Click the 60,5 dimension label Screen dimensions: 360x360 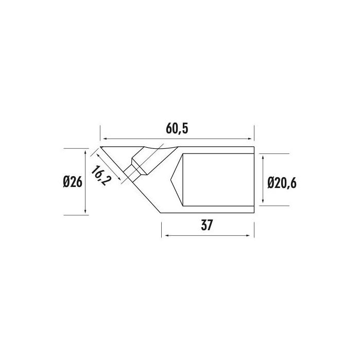[x=177, y=129]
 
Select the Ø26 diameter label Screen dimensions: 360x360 [x=73, y=182]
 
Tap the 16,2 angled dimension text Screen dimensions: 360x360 [x=100, y=176]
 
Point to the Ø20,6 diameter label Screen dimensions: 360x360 [x=282, y=183]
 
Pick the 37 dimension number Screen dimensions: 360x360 [x=207, y=225]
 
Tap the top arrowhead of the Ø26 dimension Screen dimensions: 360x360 [x=85, y=152]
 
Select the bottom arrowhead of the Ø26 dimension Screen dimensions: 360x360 [x=85, y=211]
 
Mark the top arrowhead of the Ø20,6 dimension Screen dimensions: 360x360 [x=263, y=157]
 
